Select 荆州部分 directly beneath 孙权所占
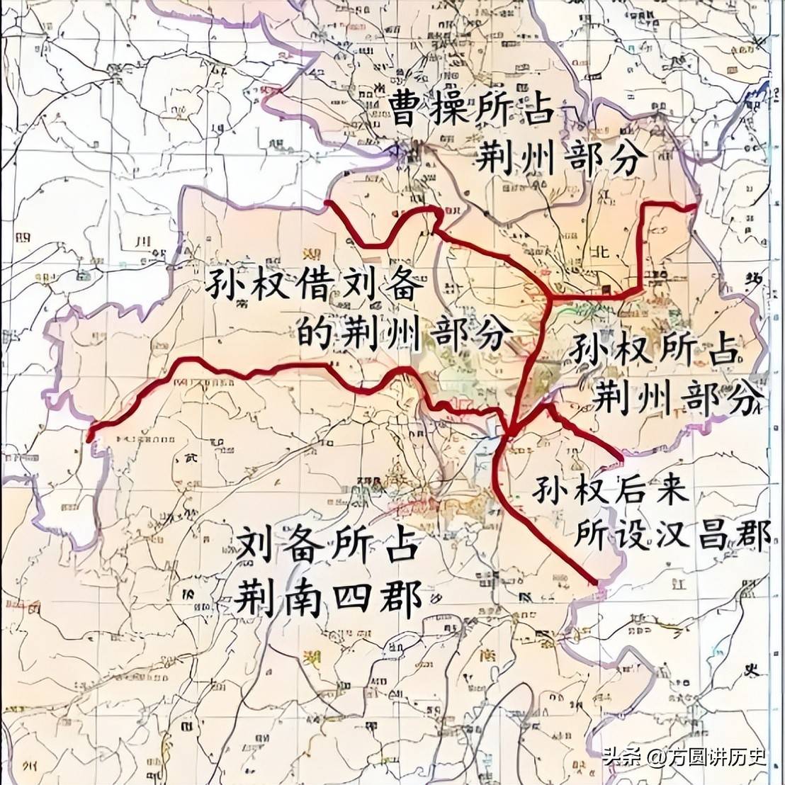tap(679, 398)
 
